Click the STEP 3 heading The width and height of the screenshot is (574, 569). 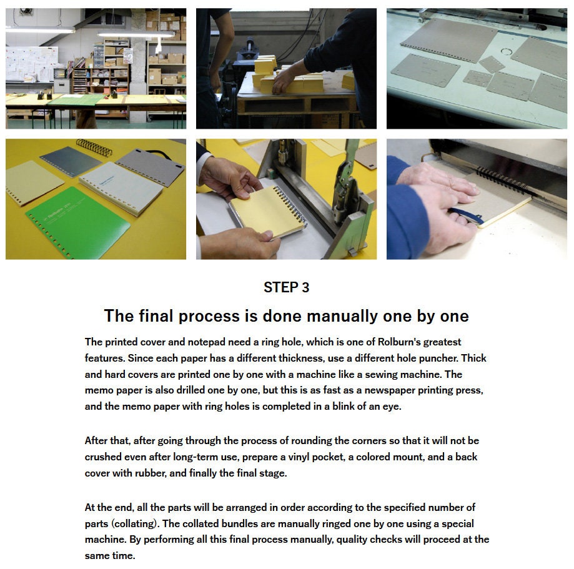(286, 287)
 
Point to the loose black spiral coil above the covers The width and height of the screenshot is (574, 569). (94, 147)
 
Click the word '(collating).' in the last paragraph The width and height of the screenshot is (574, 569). (135, 523)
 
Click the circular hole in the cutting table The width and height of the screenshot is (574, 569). (507, 52)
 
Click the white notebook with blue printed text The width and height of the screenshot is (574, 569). (121, 188)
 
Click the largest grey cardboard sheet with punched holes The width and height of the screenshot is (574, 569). (449, 40)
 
